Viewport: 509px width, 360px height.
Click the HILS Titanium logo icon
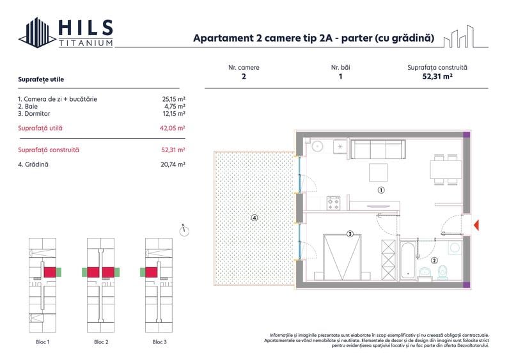click(36, 33)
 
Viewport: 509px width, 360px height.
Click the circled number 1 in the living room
click(380, 190)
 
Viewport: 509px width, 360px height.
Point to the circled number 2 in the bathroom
click(434, 260)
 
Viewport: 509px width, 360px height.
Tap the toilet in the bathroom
click(442, 273)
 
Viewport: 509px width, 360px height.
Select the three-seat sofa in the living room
click(378, 151)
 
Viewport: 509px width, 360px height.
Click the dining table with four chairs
click(445, 170)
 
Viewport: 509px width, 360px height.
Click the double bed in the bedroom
click(342, 256)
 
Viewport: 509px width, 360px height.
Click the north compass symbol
click(184, 231)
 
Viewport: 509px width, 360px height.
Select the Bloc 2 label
click(100, 342)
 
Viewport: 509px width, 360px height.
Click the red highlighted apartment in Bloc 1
click(49, 272)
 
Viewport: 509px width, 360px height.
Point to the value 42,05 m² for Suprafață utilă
click(173, 128)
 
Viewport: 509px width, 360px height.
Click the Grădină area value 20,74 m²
click(173, 164)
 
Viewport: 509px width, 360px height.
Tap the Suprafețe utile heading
click(41, 79)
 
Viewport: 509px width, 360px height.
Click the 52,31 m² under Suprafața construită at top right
click(437, 76)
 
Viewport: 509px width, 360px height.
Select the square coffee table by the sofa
click(379, 172)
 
